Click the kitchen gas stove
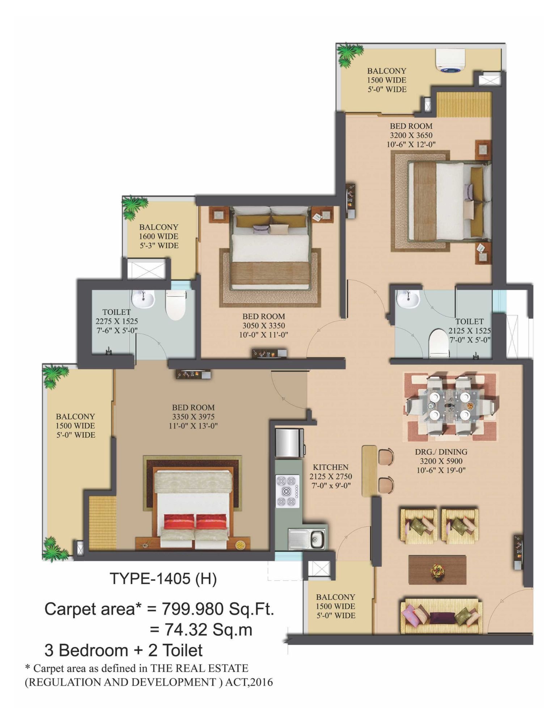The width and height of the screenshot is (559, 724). point(288,491)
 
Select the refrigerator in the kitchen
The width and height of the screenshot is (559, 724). point(289,442)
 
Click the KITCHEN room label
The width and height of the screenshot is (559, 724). point(330,467)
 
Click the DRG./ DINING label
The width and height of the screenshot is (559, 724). point(441,452)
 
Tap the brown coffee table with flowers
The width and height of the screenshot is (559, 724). point(437,570)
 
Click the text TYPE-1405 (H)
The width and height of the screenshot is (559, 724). point(163,578)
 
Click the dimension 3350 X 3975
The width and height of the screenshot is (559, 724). point(193,417)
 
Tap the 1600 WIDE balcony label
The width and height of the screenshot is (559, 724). point(159,236)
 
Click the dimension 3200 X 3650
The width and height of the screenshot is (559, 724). point(411,135)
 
